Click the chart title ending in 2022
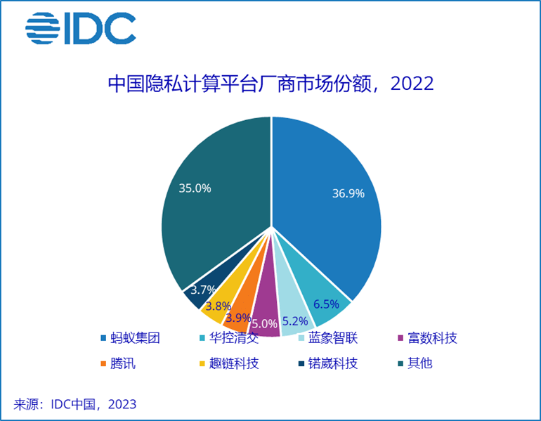tap(270, 84)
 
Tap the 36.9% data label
tap(348, 193)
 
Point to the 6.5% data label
tap(326, 304)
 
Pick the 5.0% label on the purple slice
tap(264, 324)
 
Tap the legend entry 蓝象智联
tap(333, 339)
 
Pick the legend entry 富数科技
tap(431, 339)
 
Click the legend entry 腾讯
tap(120, 363)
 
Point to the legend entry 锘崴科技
tap(333, 363)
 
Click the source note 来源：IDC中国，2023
tap(75, 404)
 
